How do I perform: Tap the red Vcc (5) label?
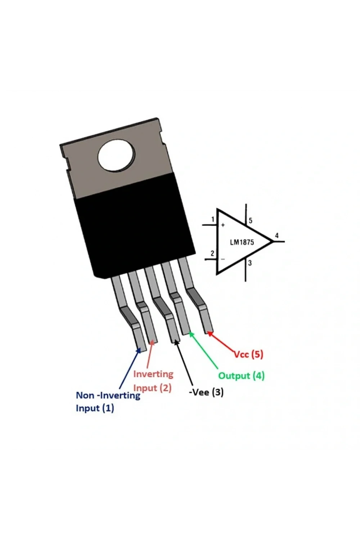[248, 354]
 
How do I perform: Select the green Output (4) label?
[241, 375]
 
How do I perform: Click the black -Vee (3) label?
[206, 392]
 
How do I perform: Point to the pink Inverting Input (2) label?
[153, 381]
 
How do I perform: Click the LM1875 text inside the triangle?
[242, 242]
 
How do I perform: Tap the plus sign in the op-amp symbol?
[223, 225]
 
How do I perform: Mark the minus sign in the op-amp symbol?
[223, 259]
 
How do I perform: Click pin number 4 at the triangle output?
[277, 235]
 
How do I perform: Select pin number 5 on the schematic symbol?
[251, 220]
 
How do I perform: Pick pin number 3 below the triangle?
[250, 263]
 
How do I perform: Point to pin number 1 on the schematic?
[212, 219]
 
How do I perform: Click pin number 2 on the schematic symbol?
[212, 253]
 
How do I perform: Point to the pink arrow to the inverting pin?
[150, 355]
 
